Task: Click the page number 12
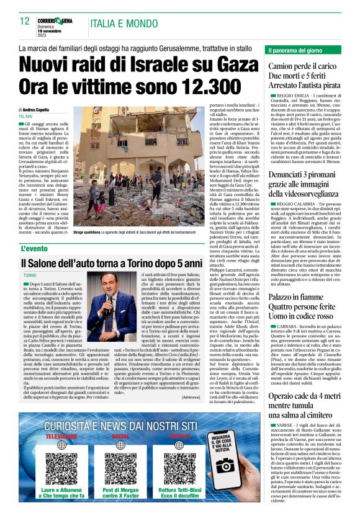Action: coord(25,22)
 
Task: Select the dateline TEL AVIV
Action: coord(25,116)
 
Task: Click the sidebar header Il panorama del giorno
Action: coord(297,49)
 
